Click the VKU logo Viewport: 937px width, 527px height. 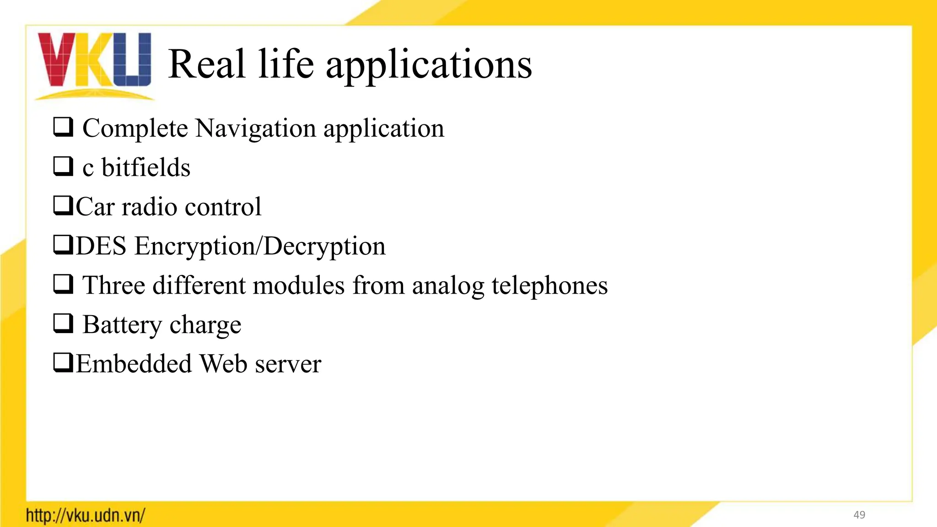[x=94, y=64]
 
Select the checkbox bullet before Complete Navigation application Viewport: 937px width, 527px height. [x=63, y=127]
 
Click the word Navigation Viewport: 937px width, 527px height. [x=255, y=128]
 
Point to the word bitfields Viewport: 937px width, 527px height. [x=145, y=167]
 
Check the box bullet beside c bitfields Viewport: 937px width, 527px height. [x=63, y=167]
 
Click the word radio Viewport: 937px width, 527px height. [x=149, y=207]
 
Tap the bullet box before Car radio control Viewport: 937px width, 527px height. [x=63, y=206]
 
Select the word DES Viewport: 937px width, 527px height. [x=101, y=246]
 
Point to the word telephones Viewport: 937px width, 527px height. [x=549, y=285]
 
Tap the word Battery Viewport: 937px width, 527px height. [x=122, y=325]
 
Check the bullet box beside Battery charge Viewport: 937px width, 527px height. [x=63, y=324]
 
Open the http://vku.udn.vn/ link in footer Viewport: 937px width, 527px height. [x=86, y=516]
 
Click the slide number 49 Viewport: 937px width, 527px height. [x=859, y=515]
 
